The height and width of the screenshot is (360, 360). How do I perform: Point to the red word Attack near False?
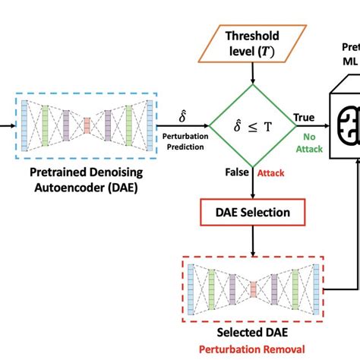(x=271, y=174)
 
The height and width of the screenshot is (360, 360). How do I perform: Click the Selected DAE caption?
(x=253, y=332)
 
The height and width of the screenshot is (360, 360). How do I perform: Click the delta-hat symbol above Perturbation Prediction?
(x=182, y=116)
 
